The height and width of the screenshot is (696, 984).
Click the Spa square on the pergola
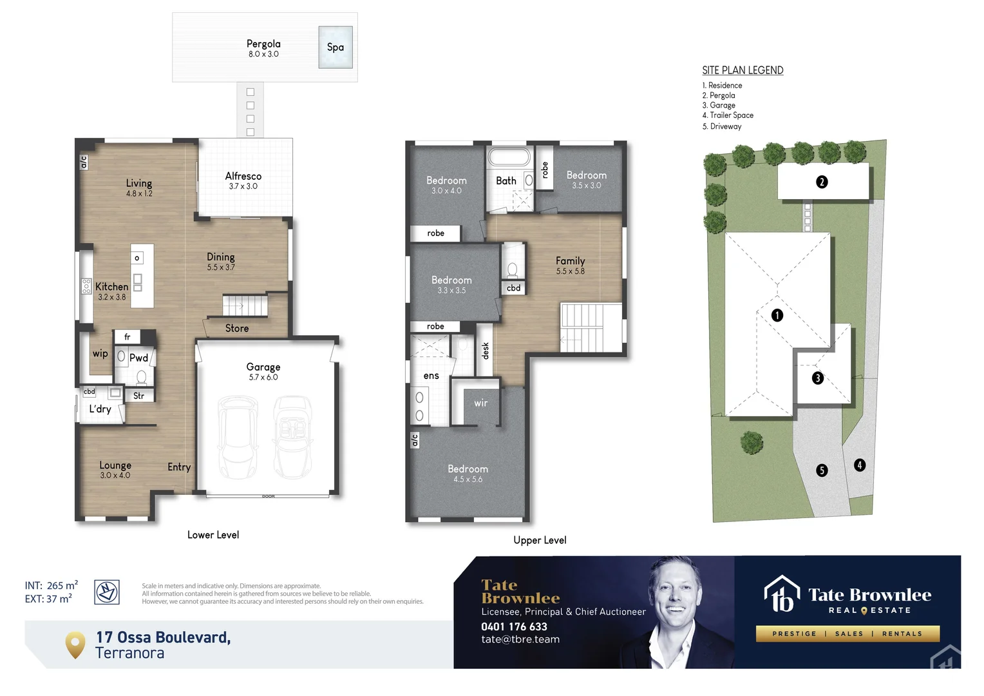[336, 47]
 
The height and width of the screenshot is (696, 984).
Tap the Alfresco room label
[243, 176]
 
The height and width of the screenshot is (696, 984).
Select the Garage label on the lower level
[263, 367]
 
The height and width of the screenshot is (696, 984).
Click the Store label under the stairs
[237, 328]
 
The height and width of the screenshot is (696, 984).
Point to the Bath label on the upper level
[506, 181]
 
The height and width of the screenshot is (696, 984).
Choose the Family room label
[571, 261]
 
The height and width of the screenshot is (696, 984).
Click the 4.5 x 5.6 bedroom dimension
[468, 479]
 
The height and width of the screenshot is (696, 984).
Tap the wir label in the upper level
[481, 403]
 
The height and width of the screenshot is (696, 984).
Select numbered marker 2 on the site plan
[822, 182]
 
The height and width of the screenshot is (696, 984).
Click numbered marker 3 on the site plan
[818, 378]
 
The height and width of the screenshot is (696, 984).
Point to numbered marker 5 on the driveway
[822, 470]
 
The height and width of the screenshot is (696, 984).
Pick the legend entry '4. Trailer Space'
[728, 115]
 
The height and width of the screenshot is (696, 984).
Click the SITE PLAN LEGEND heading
[743, 70]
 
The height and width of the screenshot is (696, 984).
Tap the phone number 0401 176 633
[514, 626]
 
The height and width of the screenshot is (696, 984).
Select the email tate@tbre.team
[520, 639]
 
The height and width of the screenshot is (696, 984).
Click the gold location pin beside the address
[75, 644]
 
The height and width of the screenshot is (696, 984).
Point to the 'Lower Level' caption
[213, 535]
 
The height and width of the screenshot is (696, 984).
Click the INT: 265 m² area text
[52, 585]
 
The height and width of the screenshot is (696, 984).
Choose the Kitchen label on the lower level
[112, 287]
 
